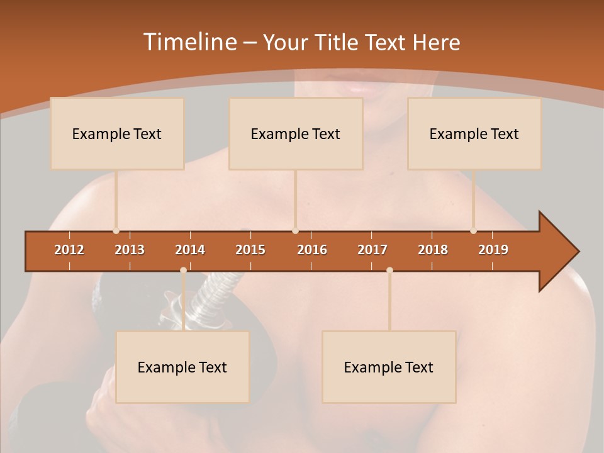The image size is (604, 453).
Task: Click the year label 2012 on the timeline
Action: click(x=69, y=250)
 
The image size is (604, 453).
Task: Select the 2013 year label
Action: click(x=130, y=250)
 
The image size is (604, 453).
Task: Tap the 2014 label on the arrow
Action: click(x=190, y=250)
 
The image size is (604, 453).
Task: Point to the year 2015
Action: click(x=250, y=250)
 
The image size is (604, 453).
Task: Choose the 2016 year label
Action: click(x=312, y=250)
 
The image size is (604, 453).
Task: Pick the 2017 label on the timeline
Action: click(x=372, y=250)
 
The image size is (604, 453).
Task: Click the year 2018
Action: click(x=433, y=250)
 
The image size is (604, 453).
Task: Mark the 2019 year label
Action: click(x=493, y=250)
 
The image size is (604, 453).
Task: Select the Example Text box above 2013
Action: click(x=117, y=133)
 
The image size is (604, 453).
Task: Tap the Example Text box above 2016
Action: click(x=296, y=133)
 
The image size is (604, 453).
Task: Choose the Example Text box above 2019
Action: click(x=474, y=133)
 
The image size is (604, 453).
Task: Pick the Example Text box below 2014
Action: click(x=182, y=367)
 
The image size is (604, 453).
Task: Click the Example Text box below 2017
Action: click(x=389, y=367)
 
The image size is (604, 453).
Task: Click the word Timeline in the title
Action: click(x=189, y=42)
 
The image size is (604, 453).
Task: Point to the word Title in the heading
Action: click(x=338, y=42)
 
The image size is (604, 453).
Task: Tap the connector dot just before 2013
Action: click(x=116, y=231)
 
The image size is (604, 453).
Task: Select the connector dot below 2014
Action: click(x=183, y=270)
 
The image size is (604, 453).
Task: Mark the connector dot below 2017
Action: click(x=389, y=270)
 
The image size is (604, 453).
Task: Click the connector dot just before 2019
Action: click(x=473, y=231)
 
